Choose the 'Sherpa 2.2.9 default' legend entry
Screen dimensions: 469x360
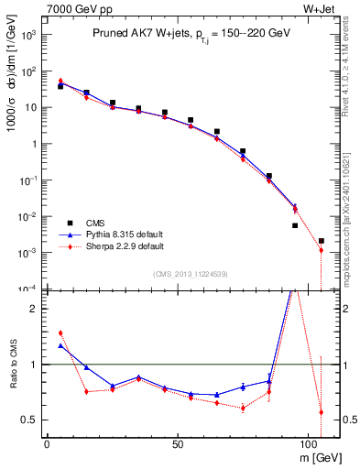120,246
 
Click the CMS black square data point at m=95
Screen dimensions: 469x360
295,225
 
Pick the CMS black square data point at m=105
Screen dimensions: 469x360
321,241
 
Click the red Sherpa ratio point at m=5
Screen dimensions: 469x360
60,333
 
